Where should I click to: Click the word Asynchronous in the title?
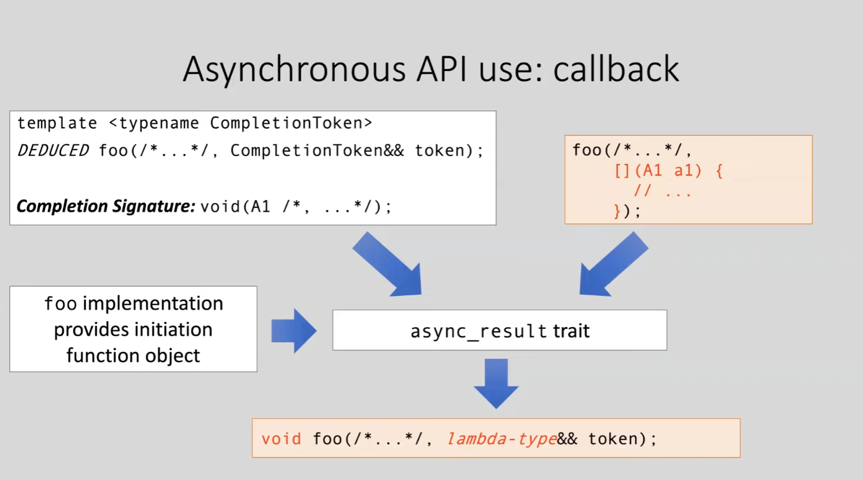(294, 70)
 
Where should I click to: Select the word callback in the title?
(616, 70)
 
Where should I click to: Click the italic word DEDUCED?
(53, 150)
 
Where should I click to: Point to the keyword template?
(57, 123)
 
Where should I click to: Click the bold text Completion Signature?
(106, 206)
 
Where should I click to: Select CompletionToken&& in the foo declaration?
(317, 150)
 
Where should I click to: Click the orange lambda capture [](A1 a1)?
(657, 170)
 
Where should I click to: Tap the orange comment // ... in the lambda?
(662, 191)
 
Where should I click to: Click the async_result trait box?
(499, 330)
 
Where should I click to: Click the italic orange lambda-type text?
(501, 439)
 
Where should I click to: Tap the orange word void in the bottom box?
(281, 439)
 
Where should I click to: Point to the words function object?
(133, 356)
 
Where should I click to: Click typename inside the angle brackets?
(159, 123)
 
